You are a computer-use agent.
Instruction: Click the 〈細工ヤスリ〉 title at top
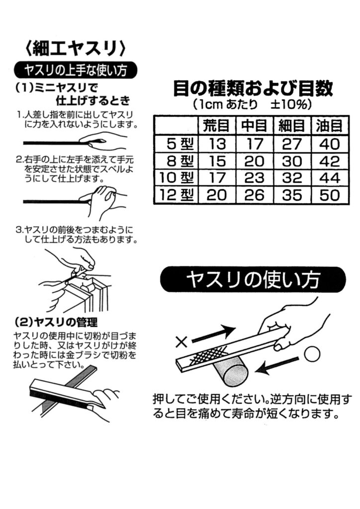75,48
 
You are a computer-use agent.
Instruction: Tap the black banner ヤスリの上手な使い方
75,70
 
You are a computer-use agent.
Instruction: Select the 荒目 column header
216,126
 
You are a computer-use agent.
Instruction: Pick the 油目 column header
329,126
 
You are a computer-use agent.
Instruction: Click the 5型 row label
180,144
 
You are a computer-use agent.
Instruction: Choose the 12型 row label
177,195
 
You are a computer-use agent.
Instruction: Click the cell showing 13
216,144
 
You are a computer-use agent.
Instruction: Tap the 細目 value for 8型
292,161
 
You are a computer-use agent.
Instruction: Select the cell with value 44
330,178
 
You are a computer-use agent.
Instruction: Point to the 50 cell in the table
330,195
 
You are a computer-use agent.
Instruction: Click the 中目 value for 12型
254,195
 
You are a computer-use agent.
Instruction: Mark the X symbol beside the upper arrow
181,342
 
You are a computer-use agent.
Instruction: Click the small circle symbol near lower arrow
312,353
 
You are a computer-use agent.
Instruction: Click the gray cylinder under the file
231,373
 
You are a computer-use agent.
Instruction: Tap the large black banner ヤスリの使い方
253,280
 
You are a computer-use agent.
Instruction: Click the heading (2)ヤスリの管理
56,322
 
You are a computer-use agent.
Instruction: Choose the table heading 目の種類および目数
253,88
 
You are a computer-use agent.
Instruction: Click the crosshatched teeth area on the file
208,354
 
